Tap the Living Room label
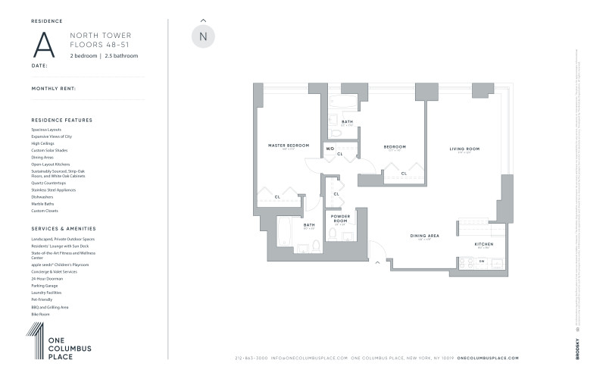(x=464, y=149)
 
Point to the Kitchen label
(x=484, y=244)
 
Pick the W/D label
(x=330, y=149)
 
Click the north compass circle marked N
(x=202, y=36)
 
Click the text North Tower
(x=93, y=35)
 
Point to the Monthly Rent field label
(x=54, y=89)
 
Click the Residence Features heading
(x=62, y=120)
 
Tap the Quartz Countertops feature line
(x=48, y=183)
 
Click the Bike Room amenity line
(x=41, y=313)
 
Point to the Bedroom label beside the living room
(x=395, y=147)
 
